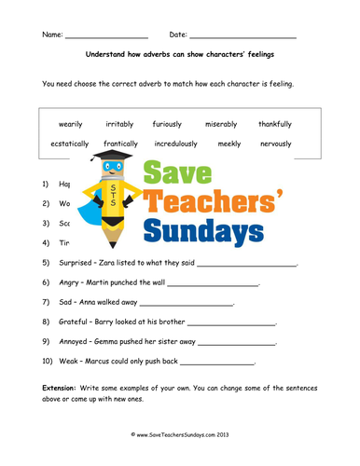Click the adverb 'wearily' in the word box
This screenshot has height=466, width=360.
pyautogui.click(x=70, y=124)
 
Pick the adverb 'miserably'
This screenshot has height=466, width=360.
pyautogui.click(x=222, y=124)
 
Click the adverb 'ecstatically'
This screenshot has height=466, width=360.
pyautogui.click(x=70, y=144)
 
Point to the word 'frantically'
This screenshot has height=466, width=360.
pyautogui.click(x=121, y=144)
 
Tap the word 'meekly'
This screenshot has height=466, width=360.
pyautogui.click(x=228, y=144)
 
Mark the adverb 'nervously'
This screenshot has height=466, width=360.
pyautogui.click(x=276, y=144)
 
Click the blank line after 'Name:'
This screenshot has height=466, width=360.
pyautogui.click(x=107, y=37)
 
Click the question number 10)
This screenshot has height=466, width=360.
pyautogui.click(x=48, y=361)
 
